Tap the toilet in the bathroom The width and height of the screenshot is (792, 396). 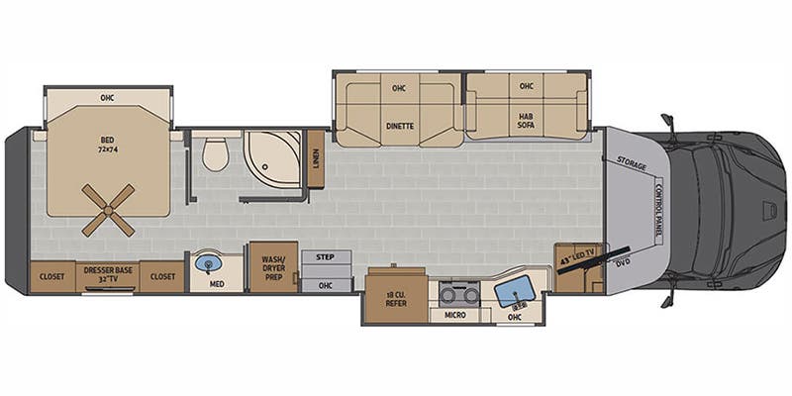click(x=215, y=153)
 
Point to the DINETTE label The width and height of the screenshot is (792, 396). click(x=399, y=125)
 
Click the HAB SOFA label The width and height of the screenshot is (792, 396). click(x=526, y=122)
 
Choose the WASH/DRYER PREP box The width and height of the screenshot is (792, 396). click(x=273, y=266)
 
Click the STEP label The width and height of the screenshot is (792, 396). click(x=326, y=256)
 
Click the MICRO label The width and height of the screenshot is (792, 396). click(x=455, y=315)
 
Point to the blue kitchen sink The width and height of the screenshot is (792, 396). click(x=514, y=291)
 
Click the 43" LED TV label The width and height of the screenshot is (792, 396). click(x=579, y=260)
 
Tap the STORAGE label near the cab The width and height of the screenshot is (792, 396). click(x=631, y=161)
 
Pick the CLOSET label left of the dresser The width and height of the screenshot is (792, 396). click(x=52, y=276)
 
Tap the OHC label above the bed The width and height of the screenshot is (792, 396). click(x=107, y=97)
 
